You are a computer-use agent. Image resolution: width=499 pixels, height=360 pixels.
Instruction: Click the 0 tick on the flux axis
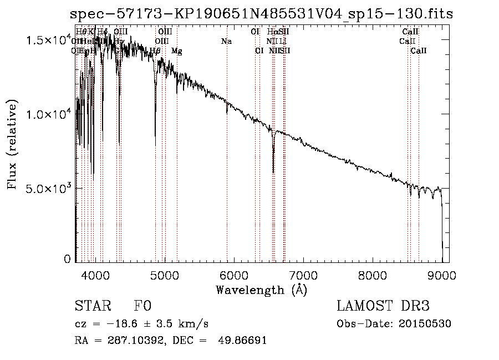coord(68,259)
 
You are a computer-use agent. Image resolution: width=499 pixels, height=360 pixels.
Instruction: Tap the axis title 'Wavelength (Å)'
coord(261,290)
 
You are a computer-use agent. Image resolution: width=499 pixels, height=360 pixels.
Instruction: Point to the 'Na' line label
coord(226,41)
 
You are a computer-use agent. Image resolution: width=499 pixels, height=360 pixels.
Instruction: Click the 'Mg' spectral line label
coord(176,51)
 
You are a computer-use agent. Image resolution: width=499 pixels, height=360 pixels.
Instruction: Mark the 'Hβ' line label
coord(155,51)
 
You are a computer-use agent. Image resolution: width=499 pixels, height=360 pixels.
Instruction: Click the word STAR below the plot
coord(93,306)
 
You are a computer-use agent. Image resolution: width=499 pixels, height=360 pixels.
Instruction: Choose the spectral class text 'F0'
coord(142,306)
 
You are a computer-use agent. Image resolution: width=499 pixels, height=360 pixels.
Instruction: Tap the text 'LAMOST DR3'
coord(383,306)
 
